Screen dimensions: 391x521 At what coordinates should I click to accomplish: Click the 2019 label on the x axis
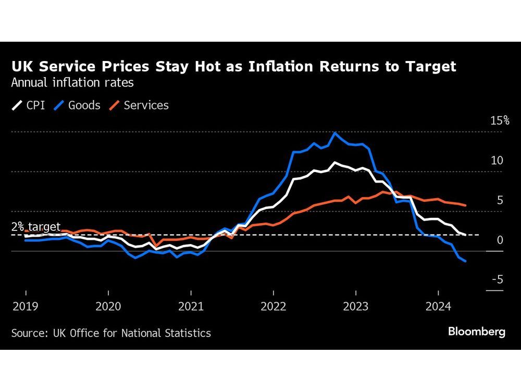tap(26, 306)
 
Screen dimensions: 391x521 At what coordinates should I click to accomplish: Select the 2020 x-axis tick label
tap(108, 306)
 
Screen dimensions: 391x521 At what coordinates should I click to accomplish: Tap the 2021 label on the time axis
tap(190, 306)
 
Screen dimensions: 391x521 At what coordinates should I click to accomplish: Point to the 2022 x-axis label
tap(273, 306)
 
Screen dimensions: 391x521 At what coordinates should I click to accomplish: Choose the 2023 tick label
tap(355, 306)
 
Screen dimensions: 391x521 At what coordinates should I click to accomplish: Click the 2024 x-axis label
tap(438, 306)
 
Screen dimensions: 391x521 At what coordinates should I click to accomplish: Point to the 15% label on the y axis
tap(499, 121)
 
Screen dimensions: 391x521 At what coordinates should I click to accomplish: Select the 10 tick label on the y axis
tap(498, 161)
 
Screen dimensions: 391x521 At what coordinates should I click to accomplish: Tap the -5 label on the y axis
tap(498, 280)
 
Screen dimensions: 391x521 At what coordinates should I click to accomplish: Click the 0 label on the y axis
tap(500, 240)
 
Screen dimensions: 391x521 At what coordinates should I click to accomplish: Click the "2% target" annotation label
tap(36, 227)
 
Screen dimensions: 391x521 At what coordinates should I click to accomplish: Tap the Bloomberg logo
tap(477, 332)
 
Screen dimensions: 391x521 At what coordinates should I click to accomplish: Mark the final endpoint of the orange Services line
tap(465, 205)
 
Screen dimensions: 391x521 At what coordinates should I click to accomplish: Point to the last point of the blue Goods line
tap(465, 261)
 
